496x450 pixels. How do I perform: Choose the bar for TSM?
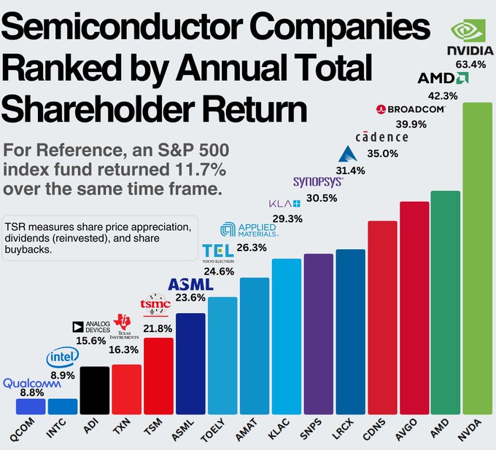pos(158,376)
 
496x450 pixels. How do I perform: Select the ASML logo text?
pos(190,284)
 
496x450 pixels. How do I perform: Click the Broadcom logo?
pos(411,108)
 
